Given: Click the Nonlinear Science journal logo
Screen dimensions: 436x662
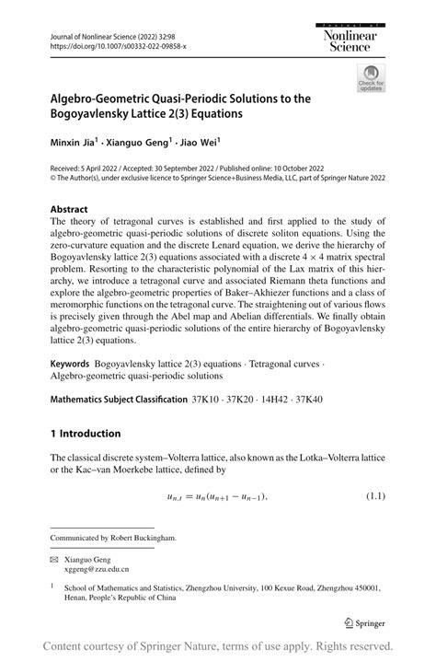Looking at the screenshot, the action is pos(361,36).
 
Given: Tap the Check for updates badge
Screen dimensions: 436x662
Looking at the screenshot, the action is pos(371,77).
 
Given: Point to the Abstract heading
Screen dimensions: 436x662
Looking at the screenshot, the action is pos(69,209).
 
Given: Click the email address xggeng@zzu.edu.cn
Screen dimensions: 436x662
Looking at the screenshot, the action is pos(101,569).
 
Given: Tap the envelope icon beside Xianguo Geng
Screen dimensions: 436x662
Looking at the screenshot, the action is pos(54,558).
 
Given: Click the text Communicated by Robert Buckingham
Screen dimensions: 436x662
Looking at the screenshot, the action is pos(112,537).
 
